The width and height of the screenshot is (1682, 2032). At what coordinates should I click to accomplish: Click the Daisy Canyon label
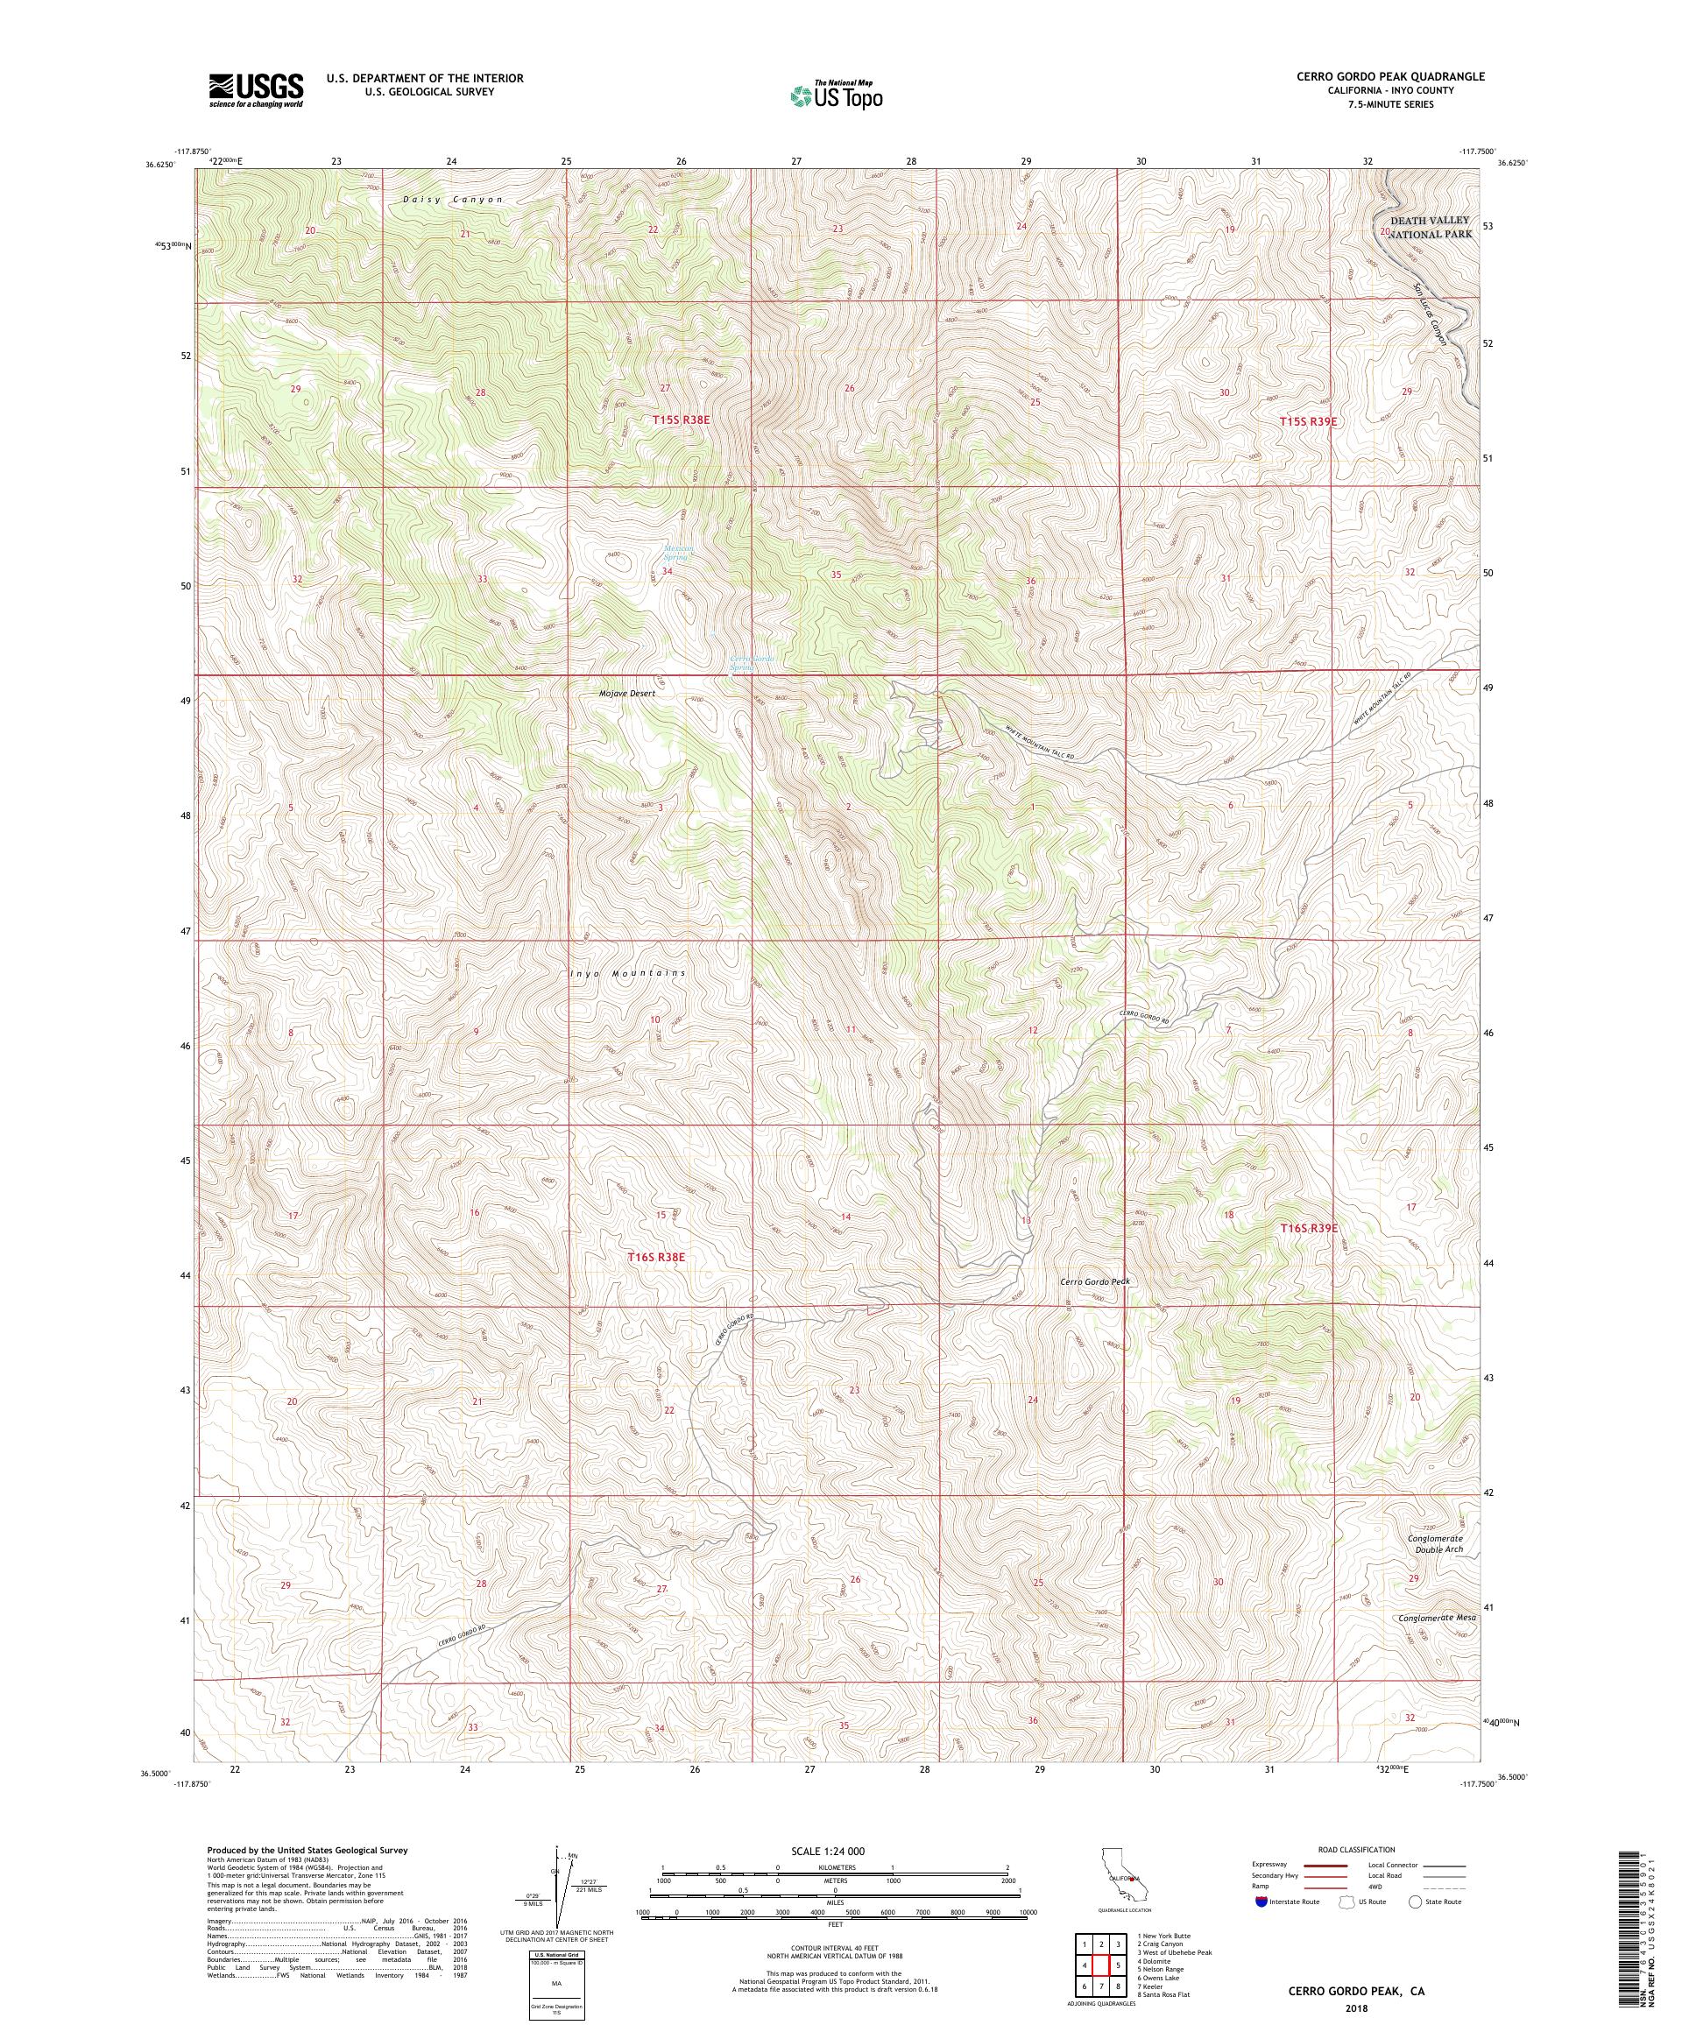tap(454, 201)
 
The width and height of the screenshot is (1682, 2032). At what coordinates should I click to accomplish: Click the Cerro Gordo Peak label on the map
tap(1094, 1281)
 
